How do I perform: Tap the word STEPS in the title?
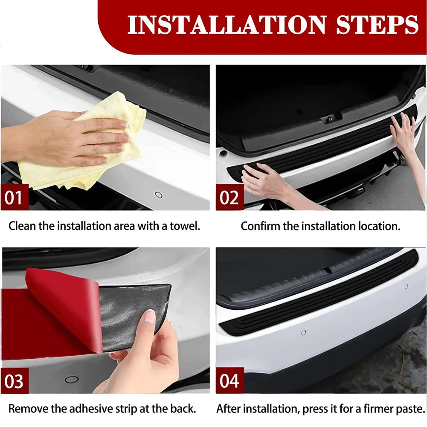[x=377, y=25]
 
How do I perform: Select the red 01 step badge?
[x=15, y=198]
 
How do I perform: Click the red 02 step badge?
[x=229, y=198]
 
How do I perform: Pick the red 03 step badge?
[x=15, y=381]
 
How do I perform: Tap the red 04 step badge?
[x=229, y=381]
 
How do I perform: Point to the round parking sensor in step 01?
[x=159, y=195]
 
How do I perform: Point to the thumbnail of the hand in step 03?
[x=150, y=316]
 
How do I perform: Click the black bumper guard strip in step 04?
[x=316, y=299]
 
